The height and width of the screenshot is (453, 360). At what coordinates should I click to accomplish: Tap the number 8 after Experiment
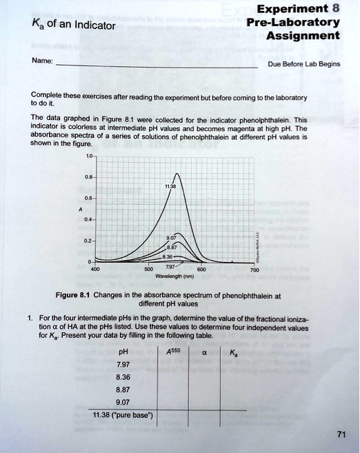(335, 8)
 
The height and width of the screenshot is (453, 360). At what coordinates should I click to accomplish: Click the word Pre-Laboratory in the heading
(293, 21)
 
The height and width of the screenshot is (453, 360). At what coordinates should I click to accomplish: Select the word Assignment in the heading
(303, 35)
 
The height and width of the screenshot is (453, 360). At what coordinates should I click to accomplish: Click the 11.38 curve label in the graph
(170, 185)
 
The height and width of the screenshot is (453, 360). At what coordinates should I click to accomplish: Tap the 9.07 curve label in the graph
(172, 237)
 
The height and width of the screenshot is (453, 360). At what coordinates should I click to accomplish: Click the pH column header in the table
(125, 352)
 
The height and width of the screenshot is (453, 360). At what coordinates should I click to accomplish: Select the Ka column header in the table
(234, 352)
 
